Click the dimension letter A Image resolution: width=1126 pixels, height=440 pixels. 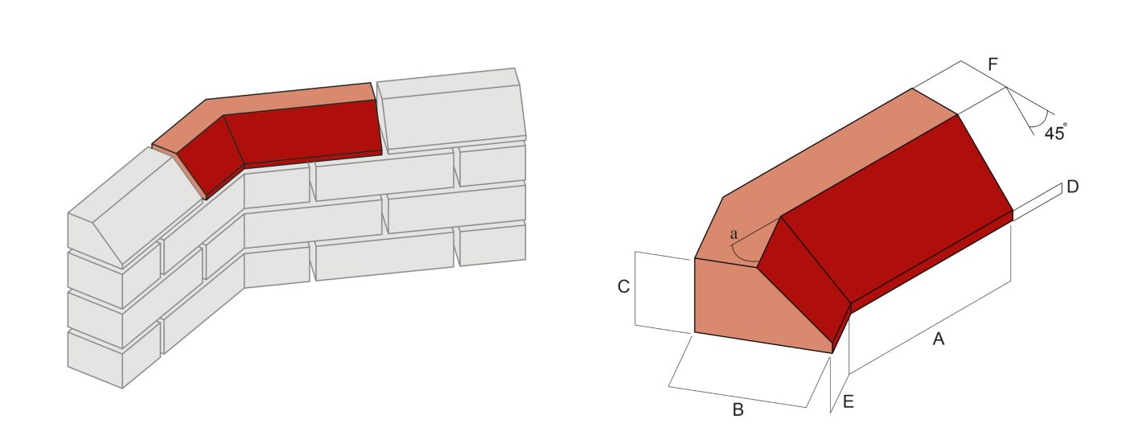pyautogui.click(x=938, y=340)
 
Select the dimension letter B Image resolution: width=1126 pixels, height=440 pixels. pyautogui.click(x=738, y=410)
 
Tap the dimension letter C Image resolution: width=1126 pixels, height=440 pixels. pyautogui.click(x=623, y=287)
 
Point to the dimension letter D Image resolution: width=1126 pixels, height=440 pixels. pyautogui.click(x=1072, y=187)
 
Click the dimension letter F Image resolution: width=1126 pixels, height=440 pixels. pyautogui.click(x=993, y=65)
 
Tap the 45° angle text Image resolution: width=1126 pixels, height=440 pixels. pyautogui.click(x=1055, y=134)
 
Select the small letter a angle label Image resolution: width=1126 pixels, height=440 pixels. pyautogui.click(x=733, y=233)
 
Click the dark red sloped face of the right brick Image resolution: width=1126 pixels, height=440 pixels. pyautogui.click(x=893, y=209)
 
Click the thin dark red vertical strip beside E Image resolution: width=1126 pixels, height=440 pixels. pyautogui.click(x=842, y=326)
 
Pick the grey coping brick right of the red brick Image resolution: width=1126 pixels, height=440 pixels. pyautogui.click(x=450, y=113)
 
